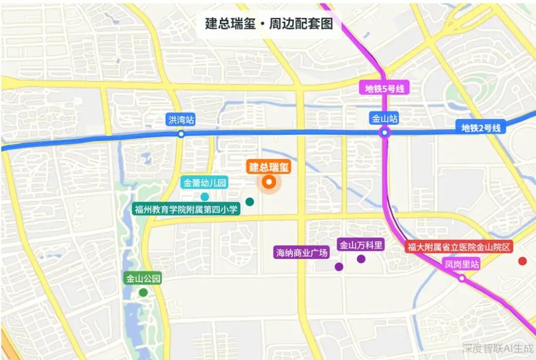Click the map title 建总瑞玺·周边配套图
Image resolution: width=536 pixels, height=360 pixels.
point(268,23)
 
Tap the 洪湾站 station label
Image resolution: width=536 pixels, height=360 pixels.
point(181,120)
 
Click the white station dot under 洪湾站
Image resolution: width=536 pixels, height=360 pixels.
point(181,134)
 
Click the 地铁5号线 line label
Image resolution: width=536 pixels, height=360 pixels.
point(385,89)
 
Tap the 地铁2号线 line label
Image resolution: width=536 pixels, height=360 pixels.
point(481,128)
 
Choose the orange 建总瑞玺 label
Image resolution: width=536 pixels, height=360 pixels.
point(268,167)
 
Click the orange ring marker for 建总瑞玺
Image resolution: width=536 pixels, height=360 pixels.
point(269,182)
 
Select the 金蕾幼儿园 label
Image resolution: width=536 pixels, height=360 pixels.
point(205,183)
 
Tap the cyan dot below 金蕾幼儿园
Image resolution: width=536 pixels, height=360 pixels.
point(204,197)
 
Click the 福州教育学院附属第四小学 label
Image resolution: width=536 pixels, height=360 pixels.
point(186,209)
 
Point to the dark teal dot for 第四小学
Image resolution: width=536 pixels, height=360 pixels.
point(250,202)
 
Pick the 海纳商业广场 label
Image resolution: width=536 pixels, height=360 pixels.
point(302,252)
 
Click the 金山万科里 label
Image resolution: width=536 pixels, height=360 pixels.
point(361,244)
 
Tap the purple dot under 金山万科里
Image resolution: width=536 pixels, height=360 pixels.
point(361,259)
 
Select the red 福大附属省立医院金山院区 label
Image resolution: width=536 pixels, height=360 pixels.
point(459,247)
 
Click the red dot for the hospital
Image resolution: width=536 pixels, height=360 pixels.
point(522,261)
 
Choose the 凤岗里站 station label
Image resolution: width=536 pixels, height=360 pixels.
point(462,265)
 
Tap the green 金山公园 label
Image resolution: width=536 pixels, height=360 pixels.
point(143,279)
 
